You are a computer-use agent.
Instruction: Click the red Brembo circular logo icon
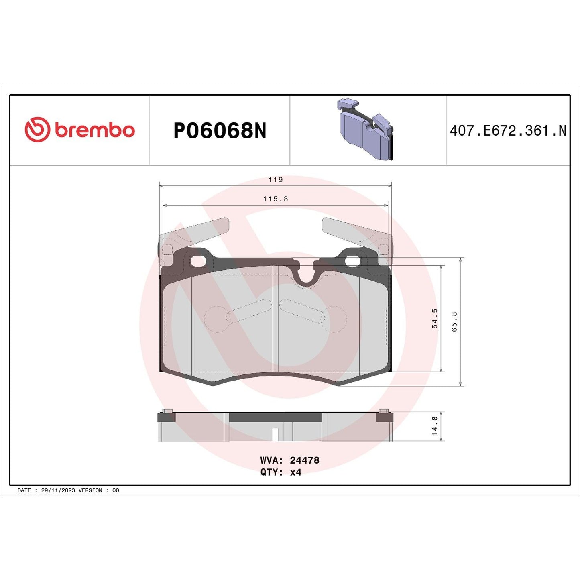coord(37,130)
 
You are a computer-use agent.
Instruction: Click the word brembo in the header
coord(95,130)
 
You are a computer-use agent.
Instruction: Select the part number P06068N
coord(220,131)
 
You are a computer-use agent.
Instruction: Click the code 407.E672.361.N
coord(508,131)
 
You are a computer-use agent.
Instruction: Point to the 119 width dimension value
coord(276,180)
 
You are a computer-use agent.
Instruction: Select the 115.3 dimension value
coord(276,199)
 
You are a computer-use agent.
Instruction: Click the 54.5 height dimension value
coord(435,319)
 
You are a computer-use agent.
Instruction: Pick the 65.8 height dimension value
coord(454,322)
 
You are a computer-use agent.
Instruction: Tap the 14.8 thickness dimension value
coord(435,426)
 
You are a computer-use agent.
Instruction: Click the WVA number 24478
coord(305,460)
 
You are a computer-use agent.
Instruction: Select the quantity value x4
coord(296,472)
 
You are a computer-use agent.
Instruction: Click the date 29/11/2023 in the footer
coord(58,490)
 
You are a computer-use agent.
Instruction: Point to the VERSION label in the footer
coord(90,490)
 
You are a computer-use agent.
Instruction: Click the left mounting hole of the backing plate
coord(198,261)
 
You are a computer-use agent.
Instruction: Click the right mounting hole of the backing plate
coord(352,261)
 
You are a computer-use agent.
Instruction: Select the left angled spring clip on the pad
coord(201,231)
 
